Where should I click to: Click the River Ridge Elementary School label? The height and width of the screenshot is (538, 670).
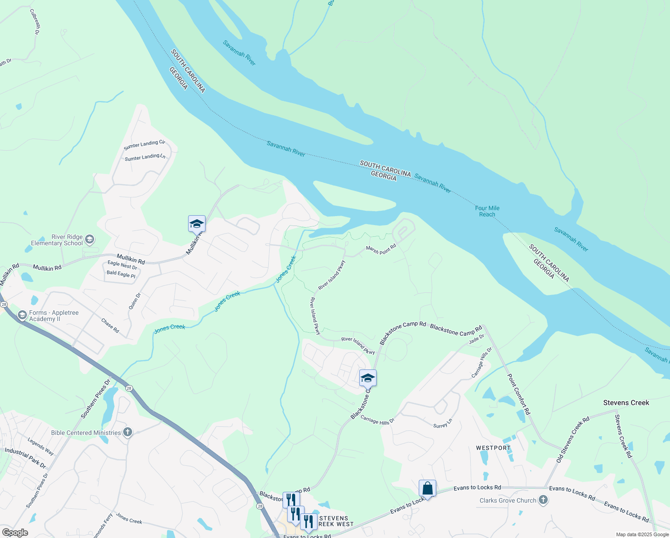[x=57, y=240]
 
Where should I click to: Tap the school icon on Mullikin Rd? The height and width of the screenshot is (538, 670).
[x=197, y=223]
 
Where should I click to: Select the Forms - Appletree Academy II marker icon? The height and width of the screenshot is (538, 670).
[x=22, y=316]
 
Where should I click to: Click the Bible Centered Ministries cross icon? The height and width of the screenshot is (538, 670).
[x=128, y=433]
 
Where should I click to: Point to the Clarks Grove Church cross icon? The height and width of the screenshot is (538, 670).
[x=543, y=500]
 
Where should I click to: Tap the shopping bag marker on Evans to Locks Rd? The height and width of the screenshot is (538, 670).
[x=427, y=489]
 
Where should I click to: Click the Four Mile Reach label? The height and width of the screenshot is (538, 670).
[x=487, y=211]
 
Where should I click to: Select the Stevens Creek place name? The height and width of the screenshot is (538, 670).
[x=626, y=403]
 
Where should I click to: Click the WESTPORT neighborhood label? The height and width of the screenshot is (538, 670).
[x=493, y=448]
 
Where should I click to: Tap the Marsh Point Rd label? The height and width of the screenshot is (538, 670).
[x=381, y=249]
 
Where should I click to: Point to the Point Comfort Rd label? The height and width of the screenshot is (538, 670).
[x=519, y=395]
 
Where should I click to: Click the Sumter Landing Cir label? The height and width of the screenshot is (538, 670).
[x=144, y=145]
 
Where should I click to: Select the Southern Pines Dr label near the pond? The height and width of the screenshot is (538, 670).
[x=95, y=399]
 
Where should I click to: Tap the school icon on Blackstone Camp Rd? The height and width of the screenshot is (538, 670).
[x=368, y=378]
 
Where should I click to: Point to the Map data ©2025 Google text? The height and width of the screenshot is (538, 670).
[x=642, y=534]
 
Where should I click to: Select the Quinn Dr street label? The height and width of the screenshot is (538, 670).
[x=134, y=301]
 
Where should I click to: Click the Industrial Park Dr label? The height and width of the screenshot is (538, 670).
[x=25, y=458]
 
